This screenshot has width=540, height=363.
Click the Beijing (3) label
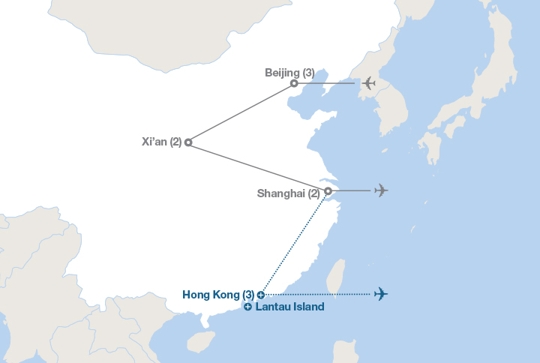289,73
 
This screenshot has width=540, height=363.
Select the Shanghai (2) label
288,193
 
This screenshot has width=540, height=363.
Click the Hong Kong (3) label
217,295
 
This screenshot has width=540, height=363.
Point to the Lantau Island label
289,307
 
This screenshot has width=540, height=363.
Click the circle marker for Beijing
294,83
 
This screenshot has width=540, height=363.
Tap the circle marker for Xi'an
188,142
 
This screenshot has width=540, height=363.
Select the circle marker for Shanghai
328,190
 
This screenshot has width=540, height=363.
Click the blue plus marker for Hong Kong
260,295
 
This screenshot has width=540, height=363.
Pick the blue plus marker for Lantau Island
247,307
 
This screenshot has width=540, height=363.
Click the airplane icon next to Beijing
367,83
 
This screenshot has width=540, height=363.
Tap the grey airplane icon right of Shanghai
381,190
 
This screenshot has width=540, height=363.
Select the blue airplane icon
381,293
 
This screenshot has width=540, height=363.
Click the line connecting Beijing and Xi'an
241,112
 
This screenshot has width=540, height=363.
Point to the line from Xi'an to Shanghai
258,166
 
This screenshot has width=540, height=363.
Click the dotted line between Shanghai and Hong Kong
294,242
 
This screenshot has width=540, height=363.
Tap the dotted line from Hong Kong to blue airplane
319,294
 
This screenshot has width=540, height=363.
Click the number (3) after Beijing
307,73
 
